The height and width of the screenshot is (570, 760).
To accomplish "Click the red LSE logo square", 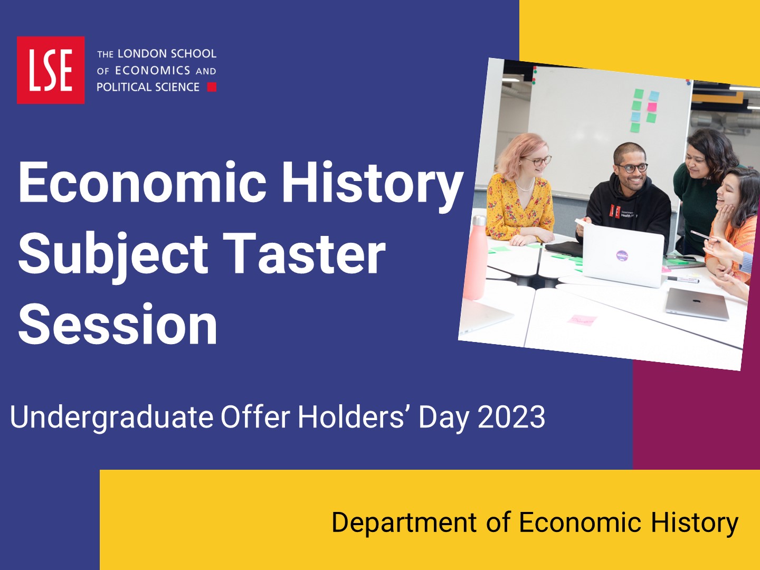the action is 51,70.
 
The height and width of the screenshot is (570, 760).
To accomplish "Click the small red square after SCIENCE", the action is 212,87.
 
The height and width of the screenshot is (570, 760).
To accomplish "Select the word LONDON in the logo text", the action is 138,54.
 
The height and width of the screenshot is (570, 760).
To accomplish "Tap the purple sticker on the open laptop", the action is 622,256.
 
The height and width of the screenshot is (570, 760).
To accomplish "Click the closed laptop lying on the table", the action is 697,304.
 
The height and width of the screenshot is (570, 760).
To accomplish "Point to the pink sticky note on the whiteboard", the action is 652,107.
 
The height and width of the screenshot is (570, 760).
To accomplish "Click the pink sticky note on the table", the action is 582,320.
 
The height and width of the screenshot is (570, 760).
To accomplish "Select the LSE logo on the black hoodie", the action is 615,211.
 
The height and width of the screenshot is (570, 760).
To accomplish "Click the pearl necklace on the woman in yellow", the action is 524,187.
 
